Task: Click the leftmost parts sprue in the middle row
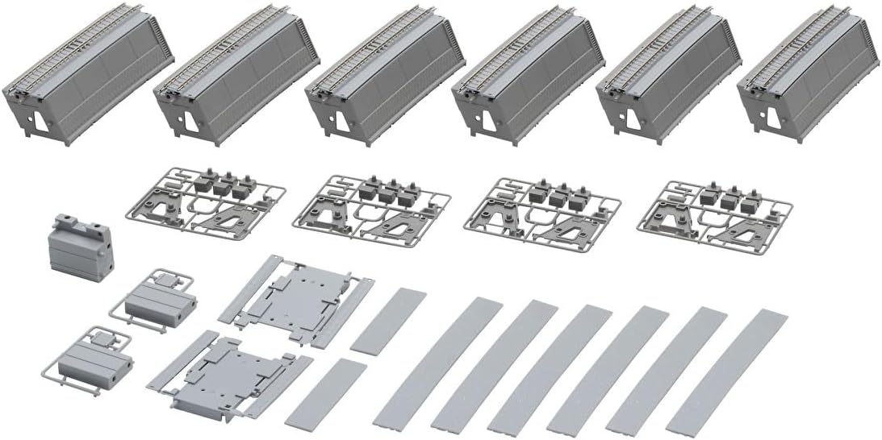(x=206, y=201)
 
